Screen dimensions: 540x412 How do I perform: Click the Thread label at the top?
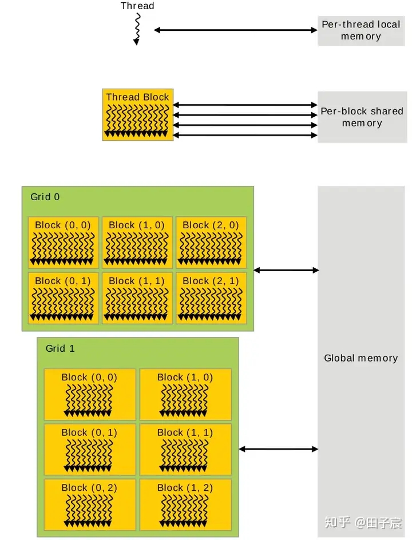pyautogui.click(x=137, y=6)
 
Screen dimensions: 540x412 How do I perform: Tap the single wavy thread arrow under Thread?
pyautogui.click(x=137, y=29)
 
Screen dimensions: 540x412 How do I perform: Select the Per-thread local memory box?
pyautogui.click(x=360, y=30)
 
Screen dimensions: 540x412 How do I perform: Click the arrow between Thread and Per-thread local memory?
pyautogui.click(x=235, y=30)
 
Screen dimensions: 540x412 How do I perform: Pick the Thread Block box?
pyautogui.click(x=138, y=114)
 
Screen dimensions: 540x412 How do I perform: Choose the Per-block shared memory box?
pyautogui.click(x=361, y=117)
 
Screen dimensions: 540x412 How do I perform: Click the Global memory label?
pyautogui.click(x=360, y=358)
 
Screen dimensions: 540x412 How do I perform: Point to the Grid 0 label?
pyautogui.click(x=45, y=197)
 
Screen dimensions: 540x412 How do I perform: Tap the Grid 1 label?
pyautogui.click(x=60, y=348)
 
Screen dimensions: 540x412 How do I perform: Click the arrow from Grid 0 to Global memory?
pyautogui.click(x=286, y=270)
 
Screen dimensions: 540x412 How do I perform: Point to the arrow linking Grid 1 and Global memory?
pyautogui.click(x=279, y=450)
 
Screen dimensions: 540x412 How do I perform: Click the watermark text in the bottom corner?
pyautogui.click(x=363, y=522)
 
